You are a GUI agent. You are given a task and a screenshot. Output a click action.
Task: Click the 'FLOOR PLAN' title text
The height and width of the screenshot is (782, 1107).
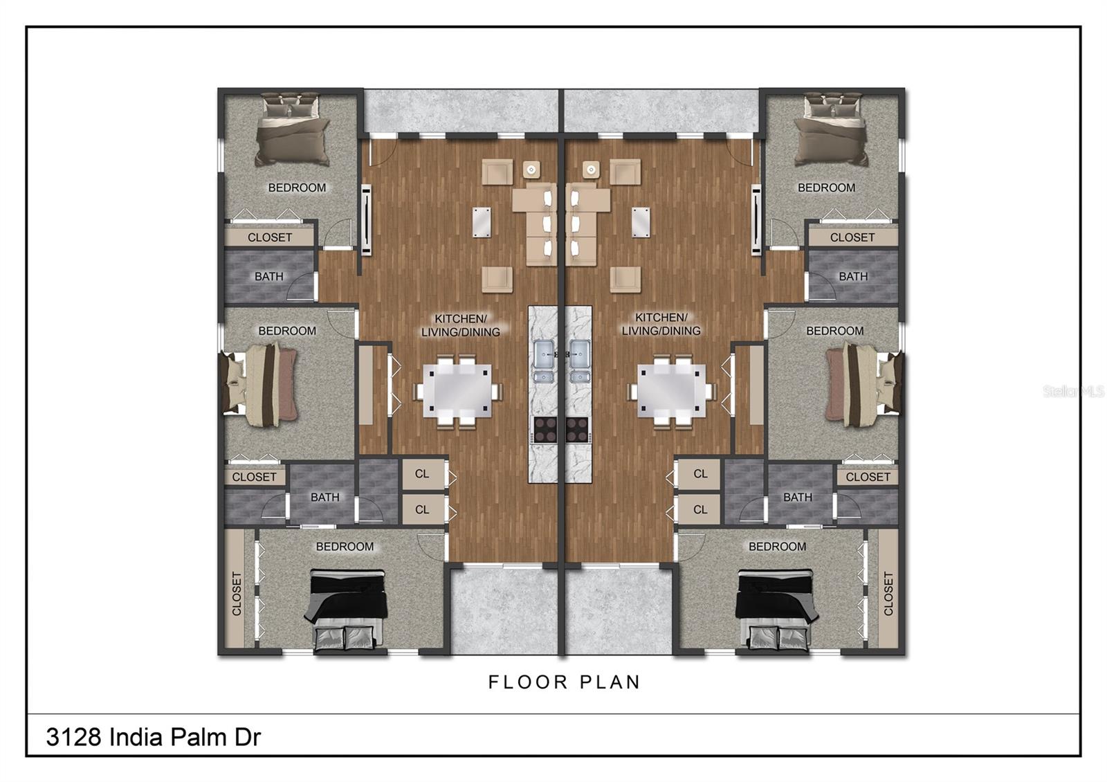coord(564,682)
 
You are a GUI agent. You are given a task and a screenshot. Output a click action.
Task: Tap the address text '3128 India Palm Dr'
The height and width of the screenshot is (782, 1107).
coord(153,737)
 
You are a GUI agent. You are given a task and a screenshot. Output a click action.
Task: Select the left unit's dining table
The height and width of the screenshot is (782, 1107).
coord(457,391)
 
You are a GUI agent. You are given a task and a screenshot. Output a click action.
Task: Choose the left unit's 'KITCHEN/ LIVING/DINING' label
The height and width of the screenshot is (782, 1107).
coord(460,325)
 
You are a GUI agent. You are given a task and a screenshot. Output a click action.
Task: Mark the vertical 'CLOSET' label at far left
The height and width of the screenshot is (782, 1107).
coord(237,594)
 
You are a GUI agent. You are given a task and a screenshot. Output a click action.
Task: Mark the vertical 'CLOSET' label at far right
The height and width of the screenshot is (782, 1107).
coord(888,594)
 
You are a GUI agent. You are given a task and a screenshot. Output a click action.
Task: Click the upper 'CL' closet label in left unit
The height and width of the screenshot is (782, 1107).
coord(422,474)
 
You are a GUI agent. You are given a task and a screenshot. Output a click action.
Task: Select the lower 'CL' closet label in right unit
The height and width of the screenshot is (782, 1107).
coord(700,509)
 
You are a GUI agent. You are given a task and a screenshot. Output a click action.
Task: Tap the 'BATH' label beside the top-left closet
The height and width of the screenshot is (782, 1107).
coord(268,276)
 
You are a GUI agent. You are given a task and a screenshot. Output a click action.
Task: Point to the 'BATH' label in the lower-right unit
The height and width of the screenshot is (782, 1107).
coord(797,497)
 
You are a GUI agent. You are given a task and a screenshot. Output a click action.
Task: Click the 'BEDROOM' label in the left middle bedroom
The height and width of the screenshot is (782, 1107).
coord(287,331)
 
